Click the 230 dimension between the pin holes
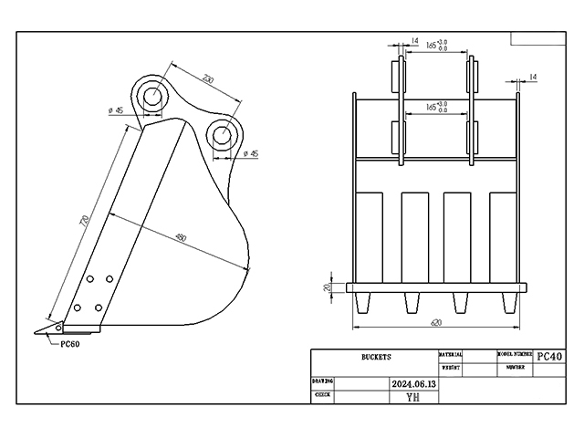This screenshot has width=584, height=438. (208, 81)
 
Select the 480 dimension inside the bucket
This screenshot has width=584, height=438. (180, 239)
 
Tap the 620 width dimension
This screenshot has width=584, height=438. (436, 322)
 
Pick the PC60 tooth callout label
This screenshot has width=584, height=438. (71, 344)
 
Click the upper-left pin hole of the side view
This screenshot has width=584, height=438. (152, 95)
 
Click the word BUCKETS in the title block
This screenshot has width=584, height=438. (375, 357)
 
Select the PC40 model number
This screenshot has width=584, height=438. (550, 356)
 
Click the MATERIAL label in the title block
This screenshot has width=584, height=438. (451, 353)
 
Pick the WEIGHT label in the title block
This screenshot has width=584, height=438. (450, 367)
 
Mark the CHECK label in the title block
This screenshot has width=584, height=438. (322, 395)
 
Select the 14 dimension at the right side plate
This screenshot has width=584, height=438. (533, 77)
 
